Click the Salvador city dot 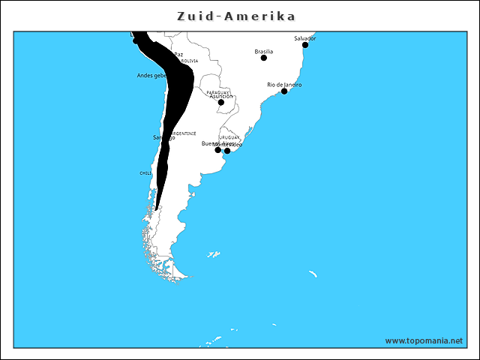pyautogui.click(x=305, y=45)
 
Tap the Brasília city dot pyautogui.click(x=264, y=58)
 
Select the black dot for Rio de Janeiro pyautogui.click(x=284, y=91)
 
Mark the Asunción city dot pyautogui.click(x=221, y=103)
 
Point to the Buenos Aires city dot pyautogui.click(x=218, y=150)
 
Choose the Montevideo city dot pyautogui.click(x=227, y=151)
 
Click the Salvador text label pyautogui.click(x=305, y=37)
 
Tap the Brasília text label pyautogui.click(x=263, y=51)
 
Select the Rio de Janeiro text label pyautogui.click(x=284, y=85)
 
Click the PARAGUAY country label pyautogui.click(x=218, y=91)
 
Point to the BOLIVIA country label pyautogui.click(x=189, y=61)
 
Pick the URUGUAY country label pyautogui.click(x=230, y=138)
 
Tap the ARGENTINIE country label pyautogui.click(x=184, y=133)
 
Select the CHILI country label pyautogui.click(x=145, y=172)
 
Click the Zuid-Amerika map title pyautogui.click(x=235, y=16)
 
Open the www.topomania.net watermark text pyautogui.click(x=424, y=340)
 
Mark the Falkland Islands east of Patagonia pyautogui.click(x=213, y=255)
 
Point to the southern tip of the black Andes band pyautogui.click(x=156, y=208)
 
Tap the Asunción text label pyautogui.click(x=221, y=97)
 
